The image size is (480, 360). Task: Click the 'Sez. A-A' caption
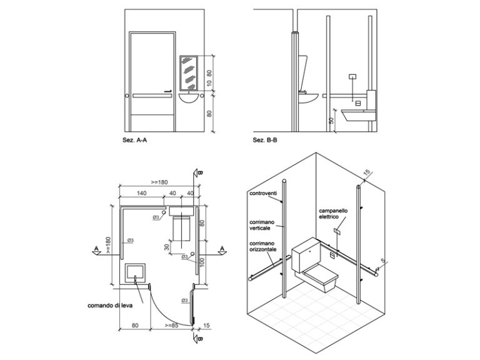135,141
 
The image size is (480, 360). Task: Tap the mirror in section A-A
188,72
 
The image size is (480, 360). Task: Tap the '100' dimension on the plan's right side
202,259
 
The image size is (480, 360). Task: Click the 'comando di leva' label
110,306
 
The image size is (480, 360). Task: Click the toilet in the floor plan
181,227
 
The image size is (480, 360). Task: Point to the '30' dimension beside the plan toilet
167,246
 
